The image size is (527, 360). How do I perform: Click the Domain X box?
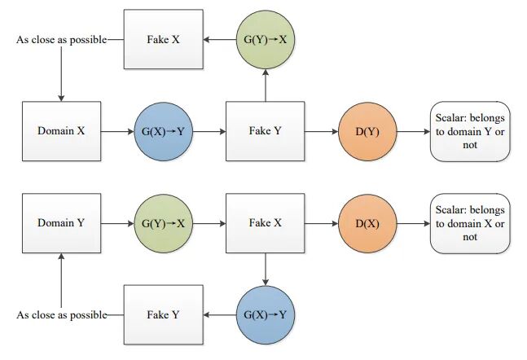click(61, 130)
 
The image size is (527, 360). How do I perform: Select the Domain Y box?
click(61, 222)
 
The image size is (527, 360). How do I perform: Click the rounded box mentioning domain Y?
click(470, 130)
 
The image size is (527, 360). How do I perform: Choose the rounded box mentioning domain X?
click(470, 222)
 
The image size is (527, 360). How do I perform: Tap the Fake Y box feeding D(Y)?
click(266, 130)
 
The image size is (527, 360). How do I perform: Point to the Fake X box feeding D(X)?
click(266, 222)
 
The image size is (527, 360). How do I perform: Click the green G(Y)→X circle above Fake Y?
click(266, 39)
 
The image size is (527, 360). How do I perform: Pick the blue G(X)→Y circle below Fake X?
click(266, 314)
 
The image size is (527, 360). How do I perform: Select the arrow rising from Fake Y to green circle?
click(266, 86)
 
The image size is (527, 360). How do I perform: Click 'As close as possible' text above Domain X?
click(61, 39)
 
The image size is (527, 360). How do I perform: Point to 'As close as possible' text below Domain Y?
click(61, 314)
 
